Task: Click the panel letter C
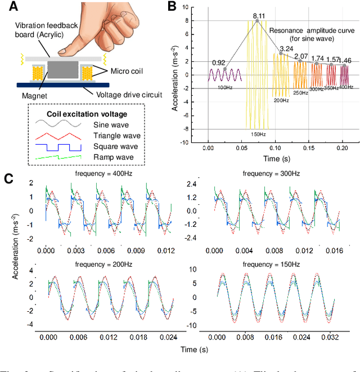pyautogui.click(x=9, y=178)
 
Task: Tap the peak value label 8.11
pyautogui.click(x=259, y=15)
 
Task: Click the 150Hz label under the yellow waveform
pyautogui.click(x=258, y=133)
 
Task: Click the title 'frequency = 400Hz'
pyautogui.click(x=100, y=174)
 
